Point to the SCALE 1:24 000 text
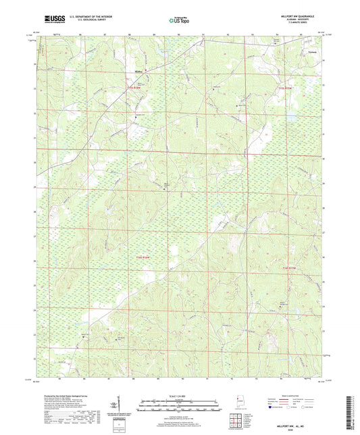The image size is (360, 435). click(179, 394)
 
